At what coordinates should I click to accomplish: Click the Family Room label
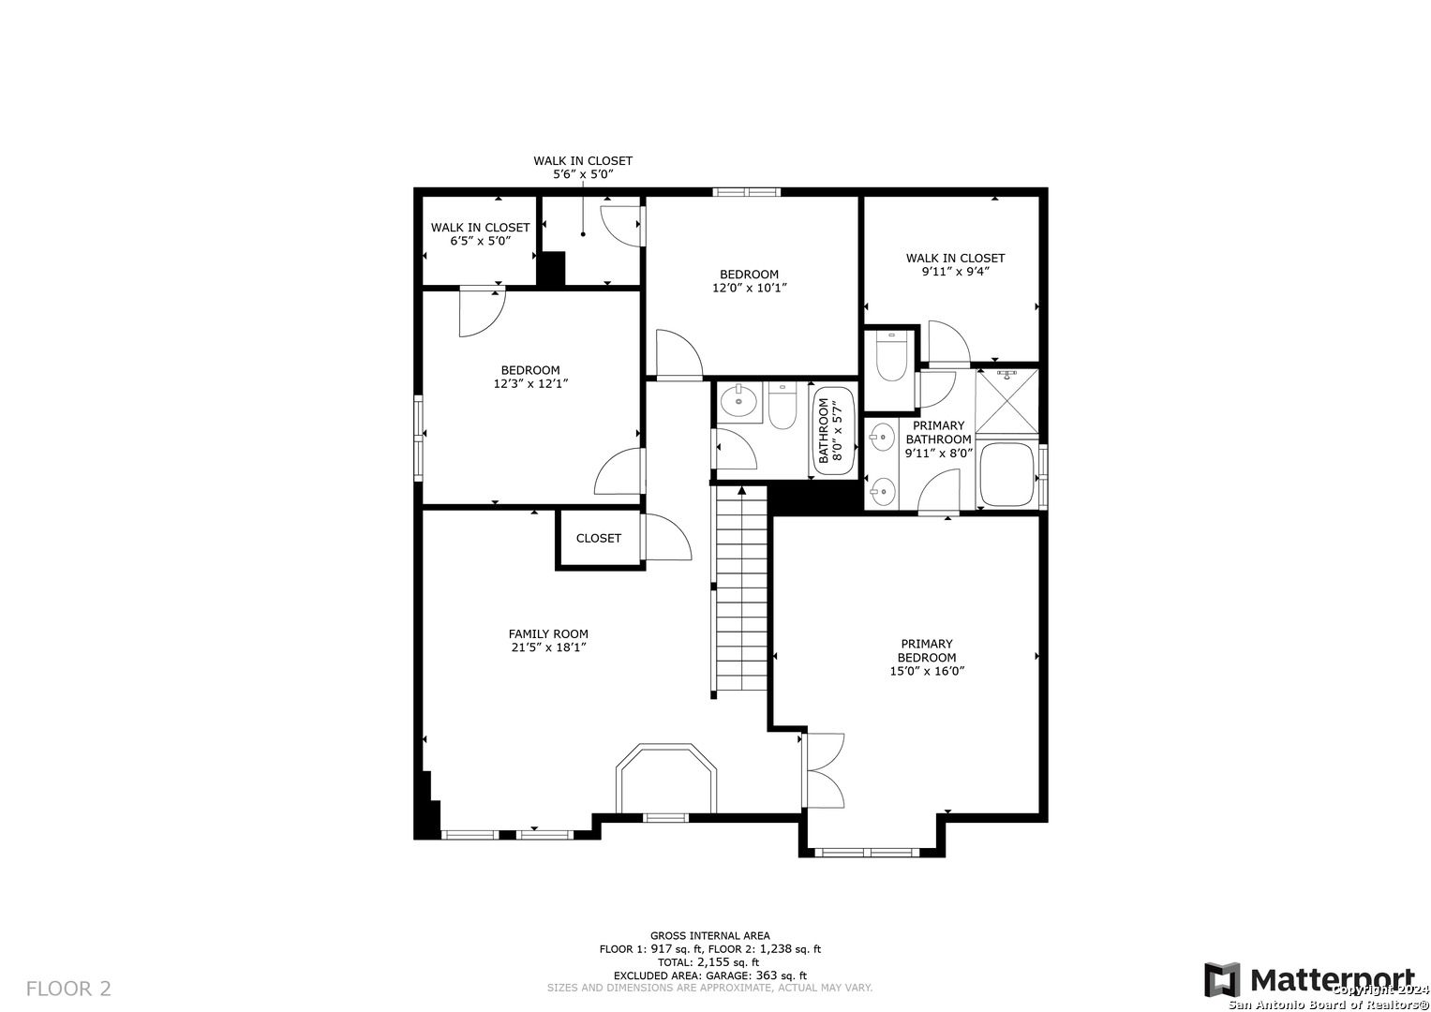(548, 633)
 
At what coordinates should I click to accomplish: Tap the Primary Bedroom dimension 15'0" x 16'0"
(926, 671)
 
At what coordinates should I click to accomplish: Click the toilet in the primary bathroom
(891, 356)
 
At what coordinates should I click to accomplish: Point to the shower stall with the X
(1006, 401)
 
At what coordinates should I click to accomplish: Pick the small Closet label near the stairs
(599, 539)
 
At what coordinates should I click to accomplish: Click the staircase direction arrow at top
(741, 491)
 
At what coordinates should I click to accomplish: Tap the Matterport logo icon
(1222, 980)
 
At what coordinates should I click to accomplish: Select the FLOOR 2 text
(68, 989)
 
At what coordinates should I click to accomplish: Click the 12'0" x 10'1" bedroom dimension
(750, 289)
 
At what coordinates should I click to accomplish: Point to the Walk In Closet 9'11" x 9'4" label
(955, 264)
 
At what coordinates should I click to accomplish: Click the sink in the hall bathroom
(738, 402)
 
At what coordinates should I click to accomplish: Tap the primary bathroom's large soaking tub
(1006, 474)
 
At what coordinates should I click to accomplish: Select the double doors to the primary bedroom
(824, 770)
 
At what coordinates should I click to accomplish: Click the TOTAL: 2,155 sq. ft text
(708, 962)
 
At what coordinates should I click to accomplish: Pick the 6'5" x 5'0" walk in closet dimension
(481, 242)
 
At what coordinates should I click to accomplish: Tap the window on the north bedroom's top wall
(747, 192)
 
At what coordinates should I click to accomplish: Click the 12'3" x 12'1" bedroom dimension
(530, 384)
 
